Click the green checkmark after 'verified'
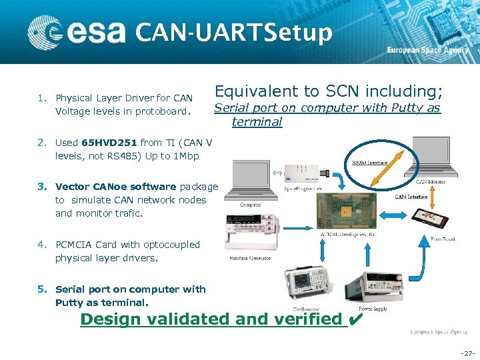(355, 319)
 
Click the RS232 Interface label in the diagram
(369, 162)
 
